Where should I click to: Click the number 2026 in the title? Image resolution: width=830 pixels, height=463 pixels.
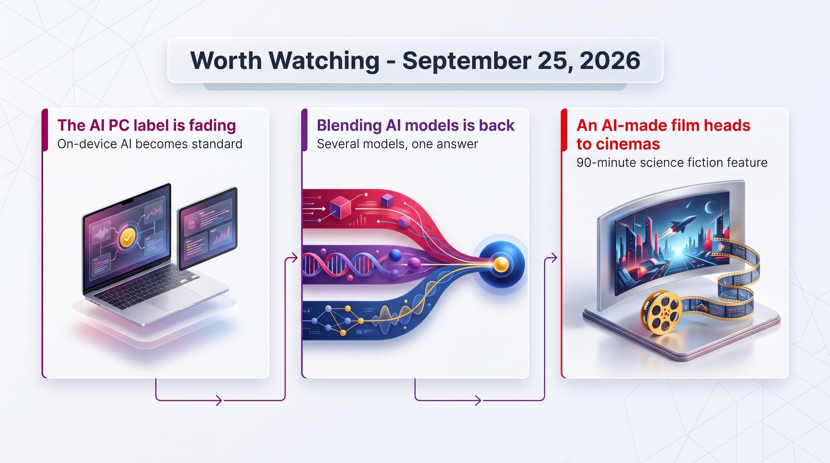point(610,61)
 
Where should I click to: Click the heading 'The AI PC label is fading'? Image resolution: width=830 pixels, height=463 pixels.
point(146,125)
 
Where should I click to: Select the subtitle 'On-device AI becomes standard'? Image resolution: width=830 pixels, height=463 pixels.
point(150,144)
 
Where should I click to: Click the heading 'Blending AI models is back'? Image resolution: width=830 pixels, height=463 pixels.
point(415,125)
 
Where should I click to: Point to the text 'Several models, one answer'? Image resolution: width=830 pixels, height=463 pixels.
point(397,144)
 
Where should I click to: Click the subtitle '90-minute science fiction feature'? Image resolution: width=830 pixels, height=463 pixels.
point(672,162)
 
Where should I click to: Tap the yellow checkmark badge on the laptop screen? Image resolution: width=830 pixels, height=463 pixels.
point(127,238)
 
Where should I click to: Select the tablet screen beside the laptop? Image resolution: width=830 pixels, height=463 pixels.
point(207,228)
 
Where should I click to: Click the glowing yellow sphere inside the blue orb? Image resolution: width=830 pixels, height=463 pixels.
point(501,264)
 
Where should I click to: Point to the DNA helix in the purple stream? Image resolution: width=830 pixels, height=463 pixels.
point(340,265)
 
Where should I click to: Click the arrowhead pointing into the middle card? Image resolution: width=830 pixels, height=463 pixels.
point(294,258)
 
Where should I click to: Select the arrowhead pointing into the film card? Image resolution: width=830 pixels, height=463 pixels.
point(554,258)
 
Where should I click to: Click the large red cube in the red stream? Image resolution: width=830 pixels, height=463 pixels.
point(341,207)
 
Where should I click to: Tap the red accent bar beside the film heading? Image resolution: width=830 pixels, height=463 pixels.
point(564,130)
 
